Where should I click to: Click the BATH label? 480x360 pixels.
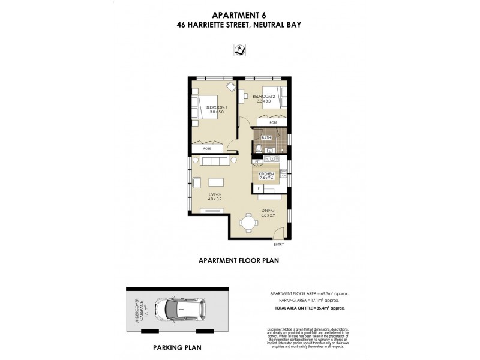click(266, 138)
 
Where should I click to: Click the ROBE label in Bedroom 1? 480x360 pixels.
click(206, 148)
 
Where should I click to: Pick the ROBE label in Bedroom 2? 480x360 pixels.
click(274, 122)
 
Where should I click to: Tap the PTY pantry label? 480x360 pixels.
click(257, 161)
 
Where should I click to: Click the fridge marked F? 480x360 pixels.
click(258, 188)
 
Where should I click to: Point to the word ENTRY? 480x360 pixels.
click(278, 245)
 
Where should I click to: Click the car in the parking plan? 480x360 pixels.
click(179, 310)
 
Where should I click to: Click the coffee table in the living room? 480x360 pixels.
click(215, 182)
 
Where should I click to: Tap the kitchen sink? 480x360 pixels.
click(272, 158)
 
